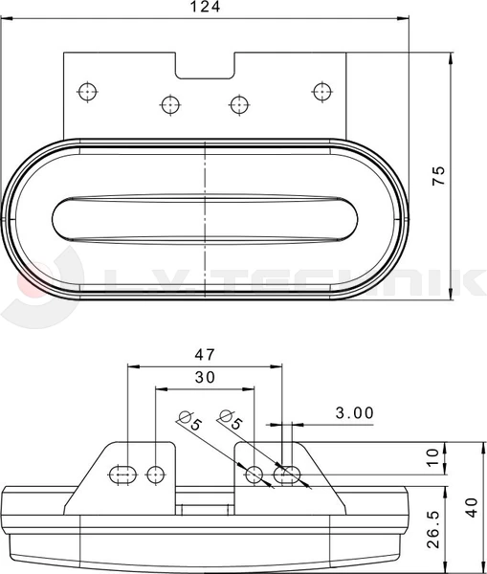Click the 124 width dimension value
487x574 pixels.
[x=205, y=7]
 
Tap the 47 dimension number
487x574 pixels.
[x=205, y=354]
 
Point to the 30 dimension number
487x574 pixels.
[x=205, y=378]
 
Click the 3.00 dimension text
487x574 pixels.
[x=354, y=412]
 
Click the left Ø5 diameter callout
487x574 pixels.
[x=190, y=420]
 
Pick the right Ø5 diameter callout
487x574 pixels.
[x=231, y=420]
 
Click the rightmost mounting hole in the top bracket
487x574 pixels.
[x=321, y=91]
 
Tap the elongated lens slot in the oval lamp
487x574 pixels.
[x=204, y=219]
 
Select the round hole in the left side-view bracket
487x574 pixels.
[x=157, y=472]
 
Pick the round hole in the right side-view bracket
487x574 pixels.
[x=255, y=474]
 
